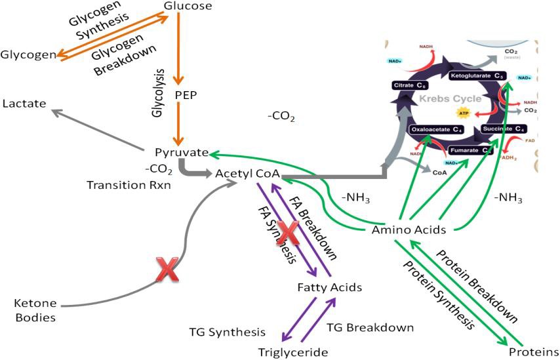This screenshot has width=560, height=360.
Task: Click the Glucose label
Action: point(187,7)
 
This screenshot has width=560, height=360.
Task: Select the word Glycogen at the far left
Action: point(28,54)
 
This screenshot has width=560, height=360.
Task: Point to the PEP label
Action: point(186,94)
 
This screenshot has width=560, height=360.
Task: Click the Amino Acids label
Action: point(409,230)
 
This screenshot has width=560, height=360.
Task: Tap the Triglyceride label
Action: point(292,352)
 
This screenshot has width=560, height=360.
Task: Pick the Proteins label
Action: point(535,351)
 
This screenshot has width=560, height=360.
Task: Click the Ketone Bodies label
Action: point(35,311)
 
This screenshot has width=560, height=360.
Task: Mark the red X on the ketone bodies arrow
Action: point(167,270)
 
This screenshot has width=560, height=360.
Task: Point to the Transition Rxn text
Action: point(128,185)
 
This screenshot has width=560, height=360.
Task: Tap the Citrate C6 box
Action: point(412,85)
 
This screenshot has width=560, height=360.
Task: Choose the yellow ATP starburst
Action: point(465,113)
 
